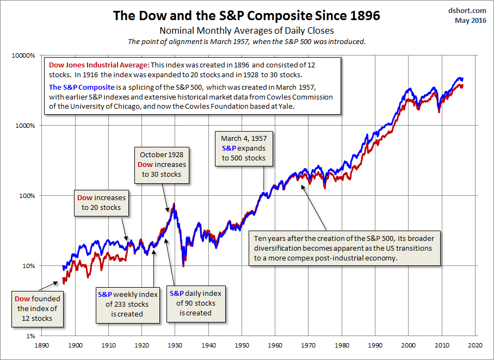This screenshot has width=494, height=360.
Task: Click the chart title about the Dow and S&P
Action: pyautogui.click(x=246, y=15)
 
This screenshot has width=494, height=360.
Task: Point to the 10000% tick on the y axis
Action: pyautogui.click(x=23, y=55)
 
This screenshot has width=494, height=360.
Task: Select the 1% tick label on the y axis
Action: pyautogui.click(x=30, y=336)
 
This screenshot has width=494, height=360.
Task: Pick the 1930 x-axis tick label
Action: pyautogui.click(x=175, y=344)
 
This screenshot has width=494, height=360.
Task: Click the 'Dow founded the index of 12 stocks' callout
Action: pyautogui.click(x=37, y=308)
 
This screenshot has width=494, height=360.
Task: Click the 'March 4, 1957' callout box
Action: pyautogui.click(x=244, y=148)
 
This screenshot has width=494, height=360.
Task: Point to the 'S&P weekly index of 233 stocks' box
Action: pyautogui.click(x=127, y=304)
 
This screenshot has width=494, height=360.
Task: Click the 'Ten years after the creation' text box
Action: pyautogui.click(x=344, y=248)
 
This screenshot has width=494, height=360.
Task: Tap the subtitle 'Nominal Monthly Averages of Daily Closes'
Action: pyautogui.click(x=246, y=30)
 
